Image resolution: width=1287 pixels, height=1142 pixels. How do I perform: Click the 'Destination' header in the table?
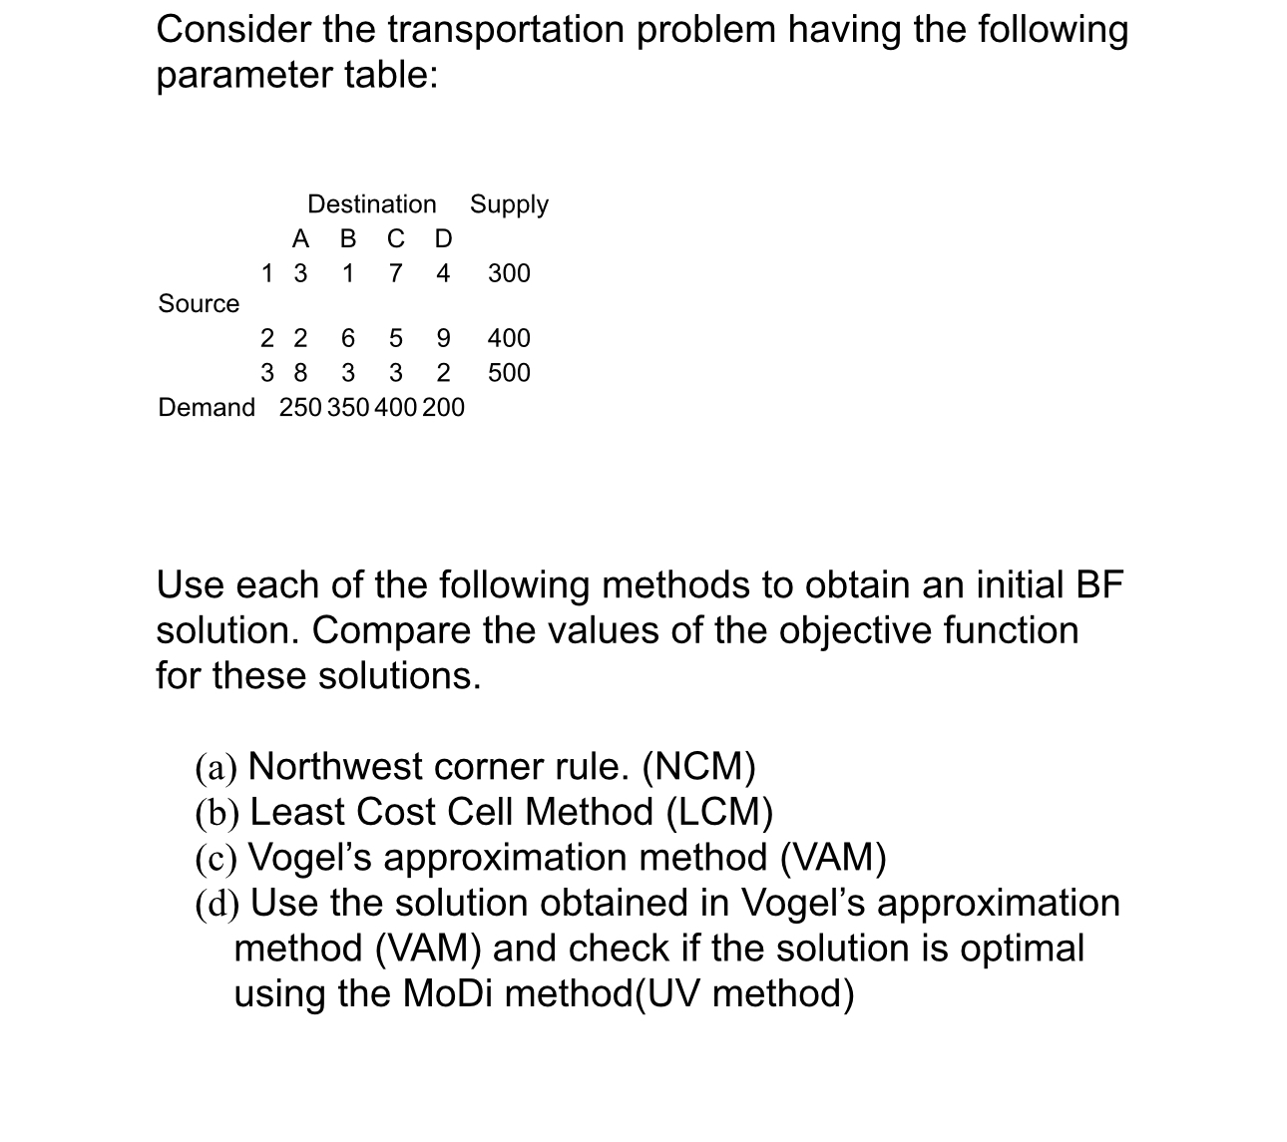(371, 204)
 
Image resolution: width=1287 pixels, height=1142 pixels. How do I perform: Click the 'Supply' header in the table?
(509, 204)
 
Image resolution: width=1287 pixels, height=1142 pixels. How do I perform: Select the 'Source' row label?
(199, 304)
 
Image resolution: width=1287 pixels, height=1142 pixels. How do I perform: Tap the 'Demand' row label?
(207, 408)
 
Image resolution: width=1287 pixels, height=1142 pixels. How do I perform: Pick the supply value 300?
(509, 273)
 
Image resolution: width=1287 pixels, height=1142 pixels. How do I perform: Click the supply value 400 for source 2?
(509, 338)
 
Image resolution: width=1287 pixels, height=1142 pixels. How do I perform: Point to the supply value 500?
(509, 373)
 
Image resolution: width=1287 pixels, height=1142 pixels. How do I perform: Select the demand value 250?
(300, 408)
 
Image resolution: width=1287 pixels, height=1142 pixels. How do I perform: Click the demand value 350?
(348, 408)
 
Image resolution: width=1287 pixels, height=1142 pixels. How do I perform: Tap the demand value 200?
(443, 408)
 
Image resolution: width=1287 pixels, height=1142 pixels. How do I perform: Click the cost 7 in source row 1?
(395, 273)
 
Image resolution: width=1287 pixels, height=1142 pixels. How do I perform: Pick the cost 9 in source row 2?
(443, 338)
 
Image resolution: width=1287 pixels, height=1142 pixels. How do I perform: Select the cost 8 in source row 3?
(300, 373)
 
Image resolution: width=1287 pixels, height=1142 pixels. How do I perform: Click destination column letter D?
(443, 239)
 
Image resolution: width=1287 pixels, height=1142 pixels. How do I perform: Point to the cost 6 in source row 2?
(348, 338)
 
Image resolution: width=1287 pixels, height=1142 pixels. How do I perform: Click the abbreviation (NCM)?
(698, 767)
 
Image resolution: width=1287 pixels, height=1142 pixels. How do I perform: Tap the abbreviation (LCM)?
(718, 813)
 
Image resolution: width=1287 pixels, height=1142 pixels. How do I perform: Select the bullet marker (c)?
(215, 859)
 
